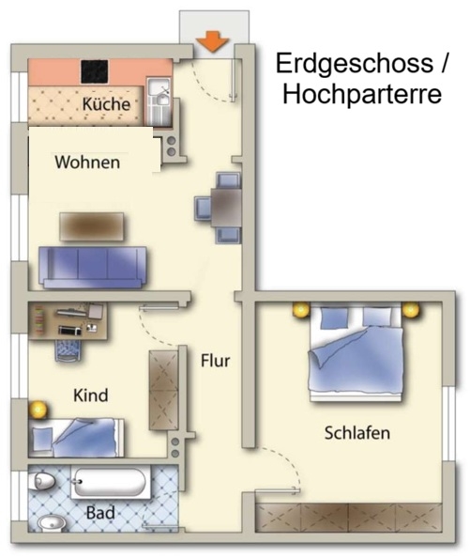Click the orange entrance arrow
pos(212,41)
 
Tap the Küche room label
pos(106,104)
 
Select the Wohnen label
pos(87,163)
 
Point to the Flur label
pos(215,361)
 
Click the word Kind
pos(91,395)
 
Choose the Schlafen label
pos(357,433)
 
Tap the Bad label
pos(100,513)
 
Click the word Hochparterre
pos(362,94)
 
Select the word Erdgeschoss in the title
pos(355,63)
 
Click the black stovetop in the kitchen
pos(95,72)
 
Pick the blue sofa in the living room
pos(93,267)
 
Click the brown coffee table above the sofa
pos(92,226)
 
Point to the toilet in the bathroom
pos(42,482)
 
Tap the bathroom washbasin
pos(51,523)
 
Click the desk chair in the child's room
pos(68,349)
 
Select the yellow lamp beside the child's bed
pos(38,410)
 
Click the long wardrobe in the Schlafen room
pos(348,517)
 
